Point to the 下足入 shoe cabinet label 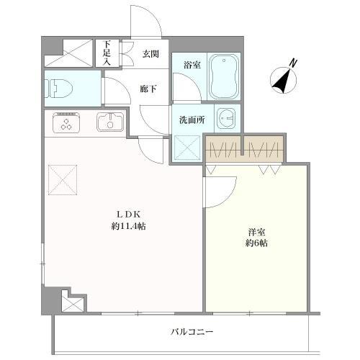[107, 53]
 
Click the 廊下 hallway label [148, 89]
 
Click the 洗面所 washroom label [192, 120]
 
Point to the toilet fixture [61, 89]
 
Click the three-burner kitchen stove [68, 124]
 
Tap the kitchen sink [110, 123]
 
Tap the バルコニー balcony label [192, 332]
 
